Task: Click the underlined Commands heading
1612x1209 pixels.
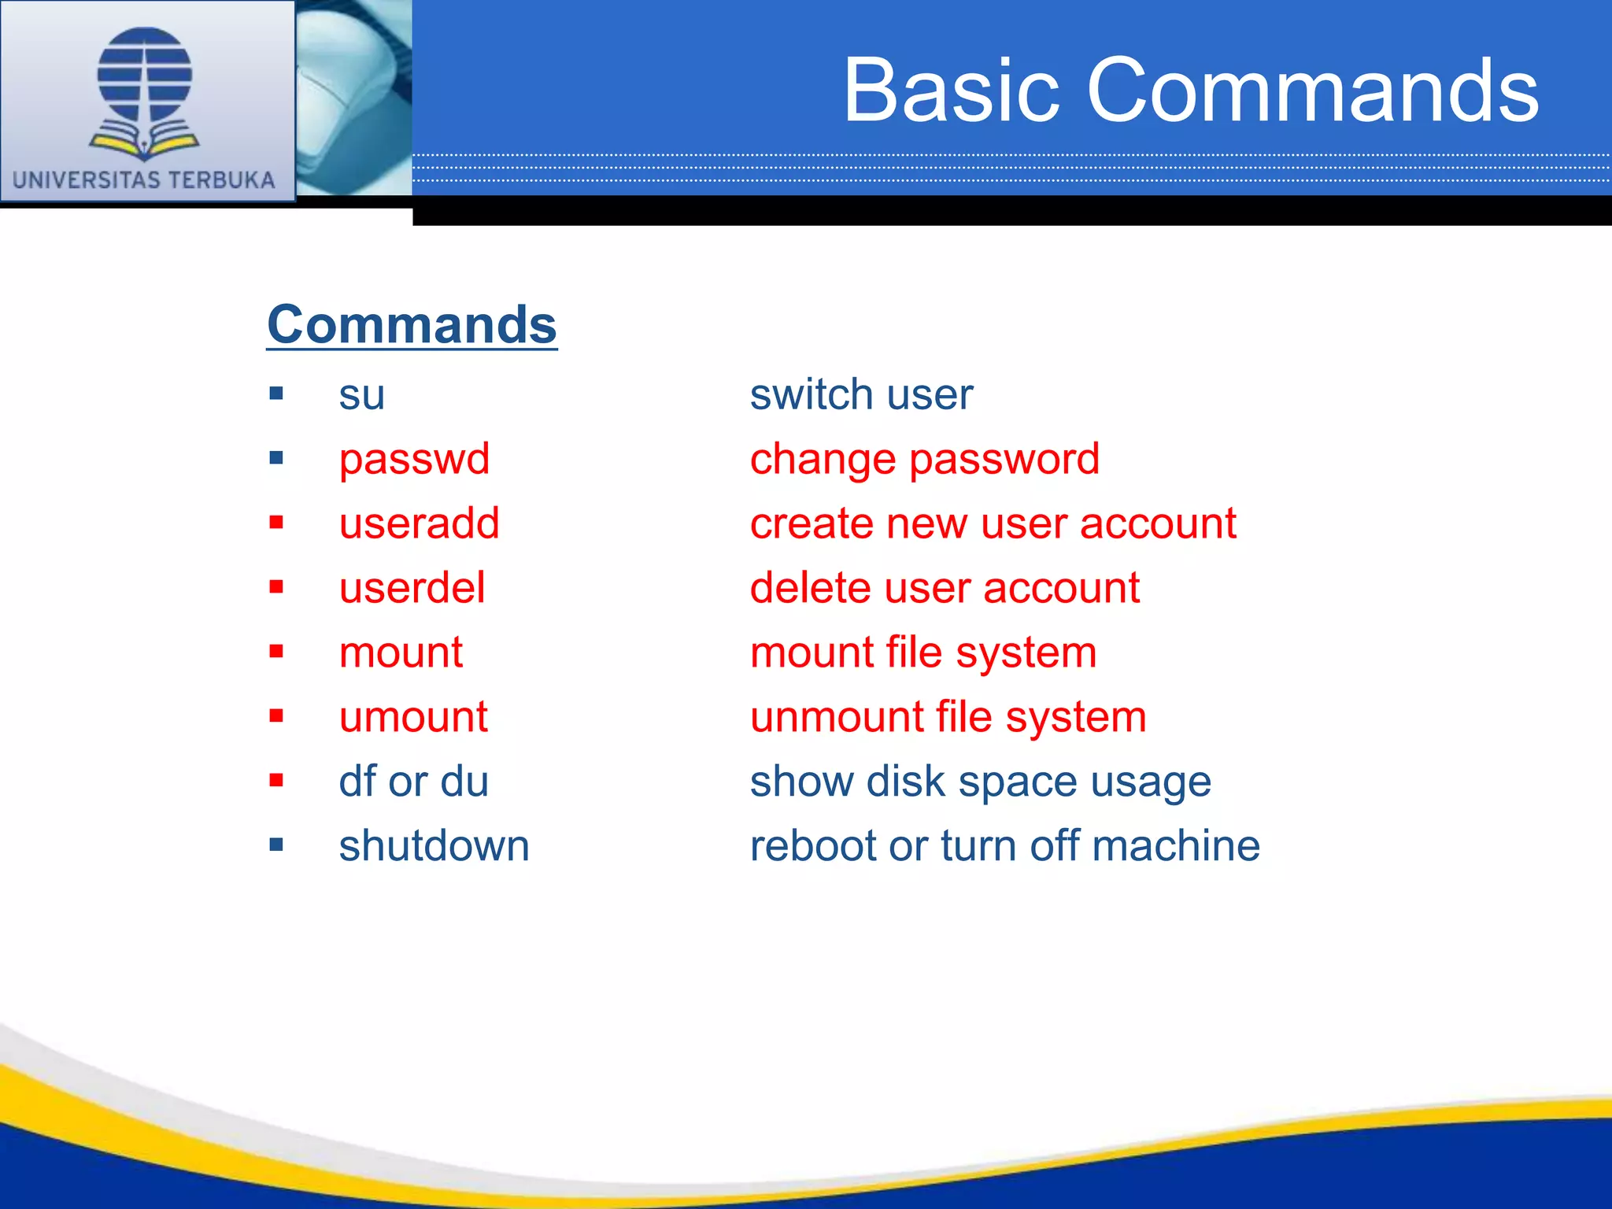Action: tap(412, 324)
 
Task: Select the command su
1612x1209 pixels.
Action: tap(361, 394)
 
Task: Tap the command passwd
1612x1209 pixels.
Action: tap(414, 459)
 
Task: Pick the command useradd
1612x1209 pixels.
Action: tap(419, 523)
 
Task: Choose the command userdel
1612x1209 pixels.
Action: tap(412, 588)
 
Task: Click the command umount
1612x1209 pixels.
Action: tap(413, 717)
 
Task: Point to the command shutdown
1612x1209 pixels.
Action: tap(434, 846)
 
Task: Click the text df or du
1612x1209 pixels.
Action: tap(413, 782)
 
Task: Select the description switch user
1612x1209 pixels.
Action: tap(861, 394)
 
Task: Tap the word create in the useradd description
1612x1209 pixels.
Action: tap(811, 523)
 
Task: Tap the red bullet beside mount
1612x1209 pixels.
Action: tap(275, 652)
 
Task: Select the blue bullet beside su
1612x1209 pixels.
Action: tap(275, 394)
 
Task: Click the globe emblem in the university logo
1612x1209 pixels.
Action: tap(144, 75)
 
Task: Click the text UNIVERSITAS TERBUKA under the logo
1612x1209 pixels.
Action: tap(144, 179)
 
